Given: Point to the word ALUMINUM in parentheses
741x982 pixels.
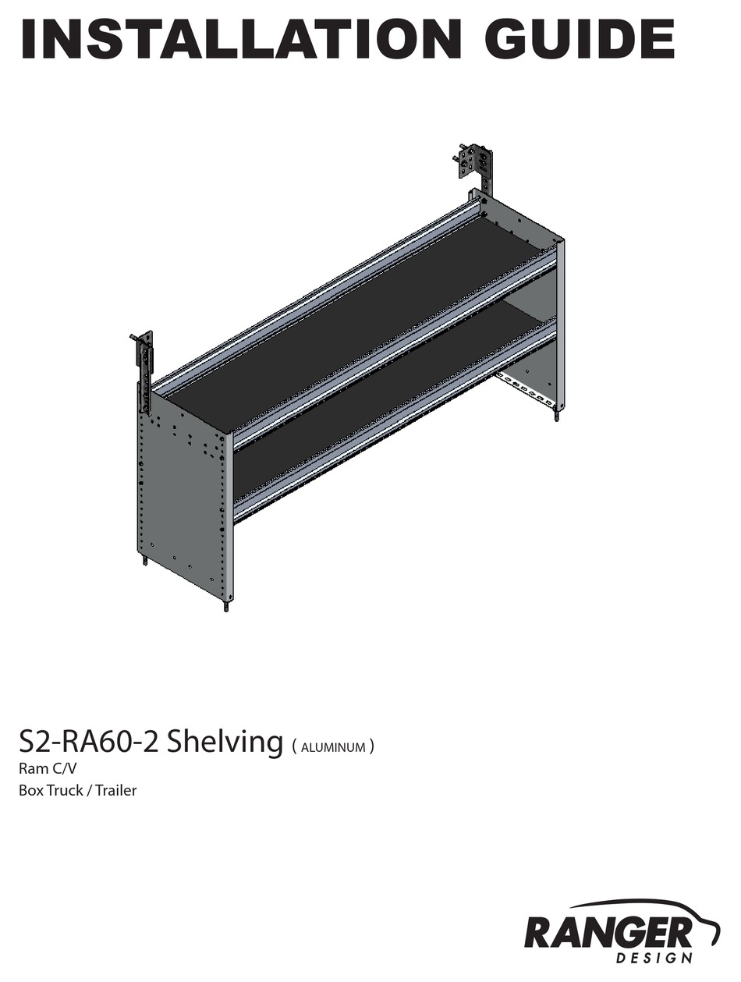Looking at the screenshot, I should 333,747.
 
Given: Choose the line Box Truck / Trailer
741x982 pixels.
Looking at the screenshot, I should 77,790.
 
